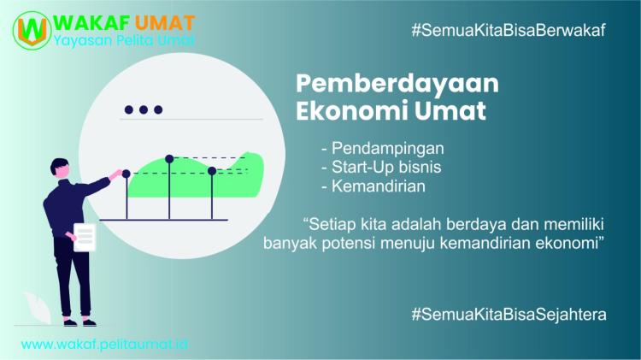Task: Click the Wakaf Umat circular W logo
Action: (x=31, y=30)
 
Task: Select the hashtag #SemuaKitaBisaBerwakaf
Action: (x=509, y=29)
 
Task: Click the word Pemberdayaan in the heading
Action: (x=397, y=84)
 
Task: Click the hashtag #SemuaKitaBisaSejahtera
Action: (x=509, y=314)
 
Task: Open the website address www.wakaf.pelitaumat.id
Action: (x=105, y=344)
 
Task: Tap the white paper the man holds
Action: (x=85, y=237)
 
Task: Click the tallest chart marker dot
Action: (x=169, y=158)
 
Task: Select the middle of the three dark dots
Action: (x=143, y=109)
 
